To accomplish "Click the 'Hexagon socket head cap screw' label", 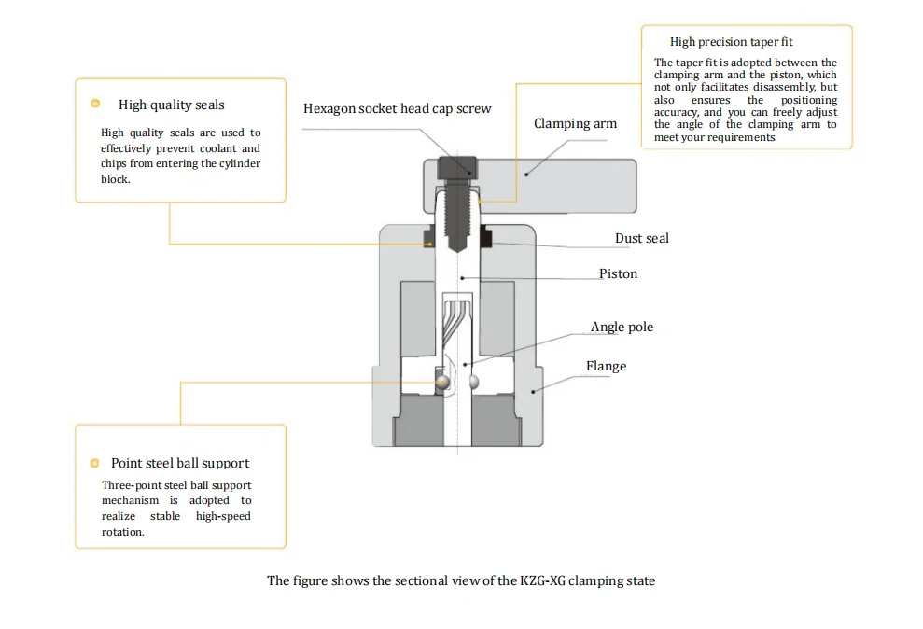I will pos(397,108).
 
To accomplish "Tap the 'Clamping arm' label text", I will pos(575,123).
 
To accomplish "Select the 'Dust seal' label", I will pos(641,238).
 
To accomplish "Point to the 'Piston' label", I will pos(618,273).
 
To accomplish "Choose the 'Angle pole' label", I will pos(622,327).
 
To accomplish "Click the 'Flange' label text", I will pos(606,366).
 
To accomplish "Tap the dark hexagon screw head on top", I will pos(458,167).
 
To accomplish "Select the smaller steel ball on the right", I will pos(475,381).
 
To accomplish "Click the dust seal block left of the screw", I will pos(430,237).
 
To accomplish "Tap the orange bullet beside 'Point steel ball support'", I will pos(94,463).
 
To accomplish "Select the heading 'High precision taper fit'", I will pos(731,42).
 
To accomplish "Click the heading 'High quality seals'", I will pos(171,105).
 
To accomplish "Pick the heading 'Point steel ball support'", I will pos(180,463).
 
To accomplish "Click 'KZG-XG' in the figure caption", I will pos(543,580).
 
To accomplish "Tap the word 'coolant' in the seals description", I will pos(217,148).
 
